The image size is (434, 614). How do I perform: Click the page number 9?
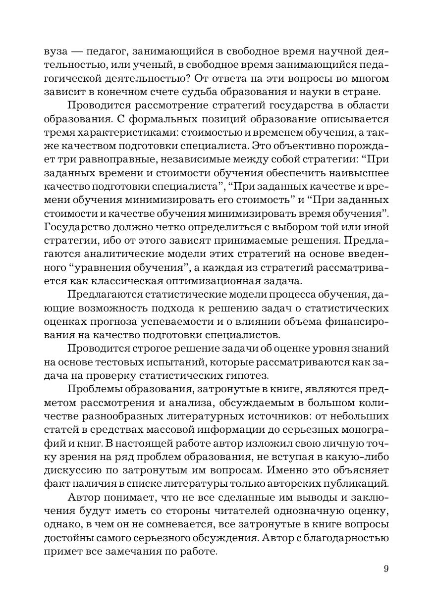[x=386, y=568]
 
